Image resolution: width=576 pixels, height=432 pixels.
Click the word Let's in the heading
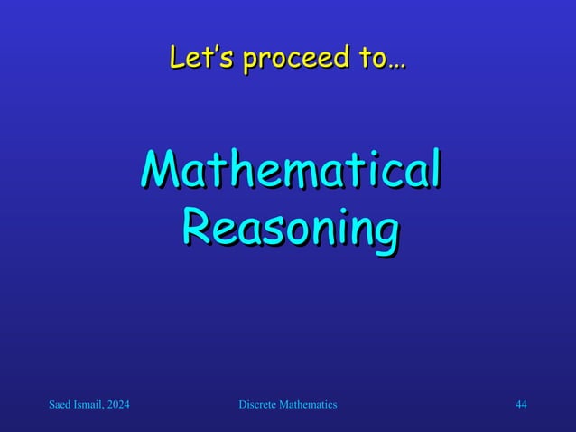(191, 60)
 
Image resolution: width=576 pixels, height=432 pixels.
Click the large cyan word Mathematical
(291, 172)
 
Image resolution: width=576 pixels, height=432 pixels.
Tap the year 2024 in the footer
(119, 406)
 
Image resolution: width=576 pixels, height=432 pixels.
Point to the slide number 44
(521, 406)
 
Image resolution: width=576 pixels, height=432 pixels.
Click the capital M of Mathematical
(157, 172)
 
